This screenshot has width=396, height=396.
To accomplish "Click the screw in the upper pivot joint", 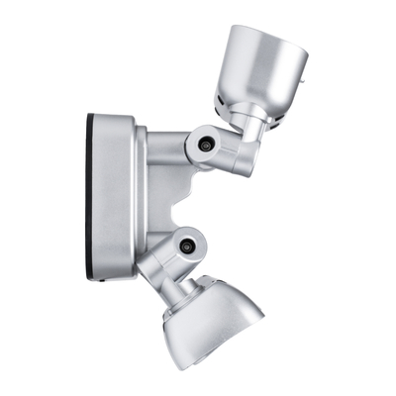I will (x=205, y=145).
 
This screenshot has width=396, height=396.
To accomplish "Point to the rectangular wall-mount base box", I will (x=112, y=198).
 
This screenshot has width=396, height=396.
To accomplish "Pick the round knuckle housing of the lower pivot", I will (x=182, y=245).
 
